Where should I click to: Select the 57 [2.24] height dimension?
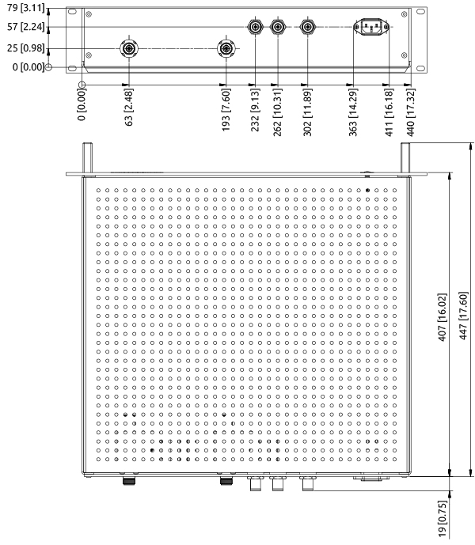(25, 27)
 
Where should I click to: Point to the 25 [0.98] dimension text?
(25, 50)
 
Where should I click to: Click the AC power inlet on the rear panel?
(370, 28)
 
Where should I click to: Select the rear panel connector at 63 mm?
(128, 49)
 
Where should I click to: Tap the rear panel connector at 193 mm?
(226, 49)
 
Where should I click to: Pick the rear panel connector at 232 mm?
(256, 27)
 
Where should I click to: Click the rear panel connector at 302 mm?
(307, 27)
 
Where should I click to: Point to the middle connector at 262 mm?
(278, 27)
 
